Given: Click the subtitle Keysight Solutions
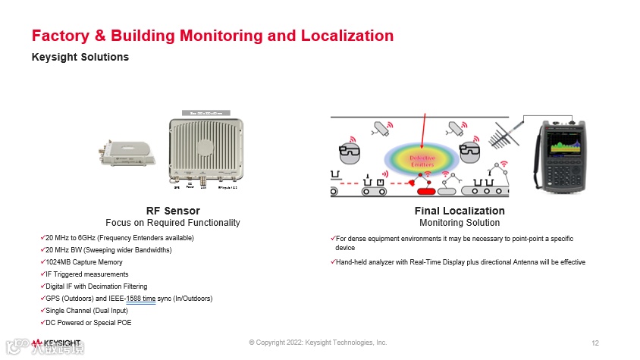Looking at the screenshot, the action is coord(80,57).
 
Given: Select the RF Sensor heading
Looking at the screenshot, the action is coord(173,211).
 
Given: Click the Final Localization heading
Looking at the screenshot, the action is coord(460,211).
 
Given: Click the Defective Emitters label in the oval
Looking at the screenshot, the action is coord(422,160).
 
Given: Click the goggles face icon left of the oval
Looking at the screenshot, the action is coord(350,149).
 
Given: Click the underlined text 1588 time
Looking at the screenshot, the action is coord(141,299).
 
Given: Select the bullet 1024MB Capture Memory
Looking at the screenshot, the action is coord(83,262).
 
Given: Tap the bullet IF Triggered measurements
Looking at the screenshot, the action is coord(86,274).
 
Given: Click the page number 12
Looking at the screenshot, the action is coord(595,343).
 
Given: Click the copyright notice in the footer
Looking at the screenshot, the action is coord(318,343).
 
